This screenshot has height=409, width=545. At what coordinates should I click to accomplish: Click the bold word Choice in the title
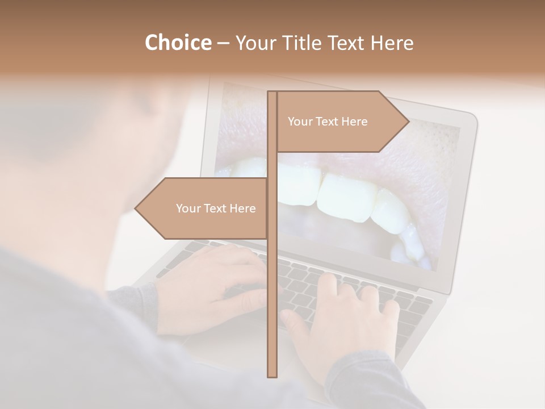(178, 43)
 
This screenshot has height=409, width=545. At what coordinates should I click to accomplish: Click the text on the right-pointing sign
(328, 122)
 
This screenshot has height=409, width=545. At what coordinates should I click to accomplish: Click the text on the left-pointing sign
(216, 208)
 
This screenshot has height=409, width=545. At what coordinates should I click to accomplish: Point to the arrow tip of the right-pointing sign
(408, 121)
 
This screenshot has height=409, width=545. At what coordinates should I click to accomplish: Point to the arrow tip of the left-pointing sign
(136, 208)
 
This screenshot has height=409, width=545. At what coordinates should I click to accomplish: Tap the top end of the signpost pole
(272, 92)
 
